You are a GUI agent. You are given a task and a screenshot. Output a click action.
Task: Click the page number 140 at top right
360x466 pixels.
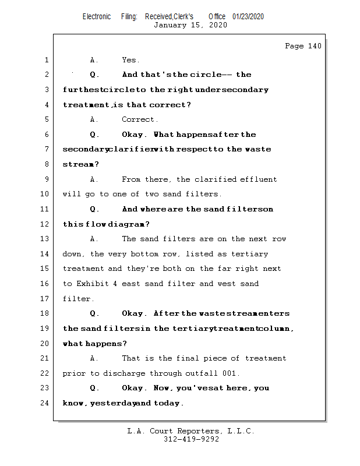point(315,46)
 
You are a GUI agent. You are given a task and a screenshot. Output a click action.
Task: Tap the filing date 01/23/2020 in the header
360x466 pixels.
point(248,16)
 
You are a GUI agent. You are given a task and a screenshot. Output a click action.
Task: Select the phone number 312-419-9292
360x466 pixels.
point(192,439)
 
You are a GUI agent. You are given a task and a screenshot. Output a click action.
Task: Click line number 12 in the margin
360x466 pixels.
point(45,224)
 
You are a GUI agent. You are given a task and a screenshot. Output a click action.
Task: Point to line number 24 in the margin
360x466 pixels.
point(45,403)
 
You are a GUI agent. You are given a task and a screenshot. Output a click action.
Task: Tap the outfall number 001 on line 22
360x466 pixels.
point(229,373)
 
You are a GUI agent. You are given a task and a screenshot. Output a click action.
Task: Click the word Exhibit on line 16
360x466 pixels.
point(93,284)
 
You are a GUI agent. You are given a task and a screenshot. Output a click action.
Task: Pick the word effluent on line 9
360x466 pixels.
point(258,179)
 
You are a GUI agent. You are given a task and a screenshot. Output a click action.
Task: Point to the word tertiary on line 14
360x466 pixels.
point(250,254)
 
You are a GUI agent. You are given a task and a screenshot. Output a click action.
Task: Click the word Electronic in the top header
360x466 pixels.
point(97,16)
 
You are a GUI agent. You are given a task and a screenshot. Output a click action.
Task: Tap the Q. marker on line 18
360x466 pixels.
point(94,313)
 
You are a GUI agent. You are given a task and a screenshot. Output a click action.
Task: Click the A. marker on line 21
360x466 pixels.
point(94,358)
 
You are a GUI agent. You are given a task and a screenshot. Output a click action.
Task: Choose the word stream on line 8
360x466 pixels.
point(79,164)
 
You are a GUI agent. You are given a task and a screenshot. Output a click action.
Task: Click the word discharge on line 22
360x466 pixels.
point(124,373)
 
